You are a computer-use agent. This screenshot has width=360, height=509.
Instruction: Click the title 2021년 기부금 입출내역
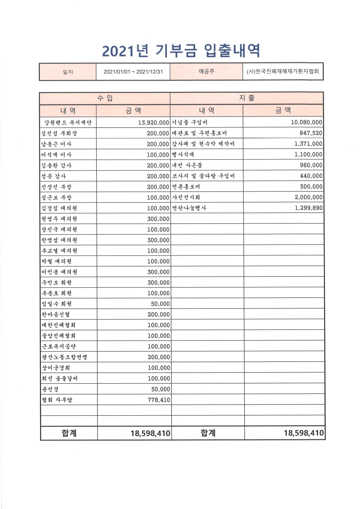click(x=181, y=51)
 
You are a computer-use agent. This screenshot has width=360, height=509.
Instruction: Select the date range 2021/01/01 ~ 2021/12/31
click(x=133, y=72)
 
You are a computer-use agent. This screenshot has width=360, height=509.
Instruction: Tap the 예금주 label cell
click(x=206, y=71)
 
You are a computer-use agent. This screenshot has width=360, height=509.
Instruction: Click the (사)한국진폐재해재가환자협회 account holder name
click(x=283, y=71)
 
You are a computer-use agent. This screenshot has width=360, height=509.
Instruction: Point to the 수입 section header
click(x=105, y=98)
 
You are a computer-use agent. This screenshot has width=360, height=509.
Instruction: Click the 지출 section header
click(x=247, y=98)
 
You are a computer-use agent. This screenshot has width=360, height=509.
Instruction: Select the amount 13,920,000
click(x=153, y=122)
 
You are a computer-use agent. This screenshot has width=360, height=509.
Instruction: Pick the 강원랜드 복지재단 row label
click(x=68, y=122)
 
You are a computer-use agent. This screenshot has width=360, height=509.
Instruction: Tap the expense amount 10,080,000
click(x=306, y=122)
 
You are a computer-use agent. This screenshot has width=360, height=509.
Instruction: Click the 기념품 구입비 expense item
click(x=190, y=122)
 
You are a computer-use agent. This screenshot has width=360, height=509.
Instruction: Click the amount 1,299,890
click(x=308, y=208)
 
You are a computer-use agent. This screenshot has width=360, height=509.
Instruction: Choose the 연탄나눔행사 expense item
click(x=189, y=208)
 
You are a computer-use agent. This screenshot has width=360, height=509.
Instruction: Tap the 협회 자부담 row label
click(x=57, y=400)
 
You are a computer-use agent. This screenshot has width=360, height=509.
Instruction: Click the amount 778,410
click(x=159, y=400)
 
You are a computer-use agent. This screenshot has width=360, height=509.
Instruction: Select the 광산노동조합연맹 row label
click(x=64, y=357)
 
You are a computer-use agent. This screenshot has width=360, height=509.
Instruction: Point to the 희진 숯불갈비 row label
click(x=60, y=378)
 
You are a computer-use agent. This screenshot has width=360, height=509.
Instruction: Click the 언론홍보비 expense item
click(x=186, y=186)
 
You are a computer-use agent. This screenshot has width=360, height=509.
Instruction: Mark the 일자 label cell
click(x=68, y=72)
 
